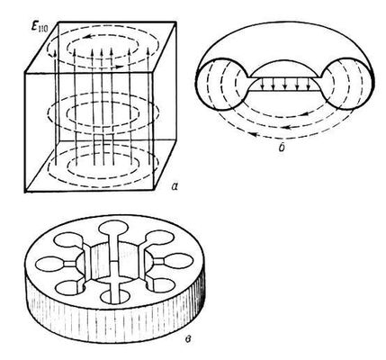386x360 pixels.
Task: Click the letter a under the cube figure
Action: click(x=175, y=186)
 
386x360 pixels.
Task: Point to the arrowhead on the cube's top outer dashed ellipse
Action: click(x=119, y=67)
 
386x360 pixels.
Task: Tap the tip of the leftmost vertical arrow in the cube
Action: click(x=55, y=52)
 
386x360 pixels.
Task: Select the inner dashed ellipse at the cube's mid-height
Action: click(x=103, y=104)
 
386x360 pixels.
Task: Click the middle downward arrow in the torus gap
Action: click(x=285, y=84)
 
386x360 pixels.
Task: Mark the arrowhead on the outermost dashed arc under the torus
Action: click(x=254, y=135)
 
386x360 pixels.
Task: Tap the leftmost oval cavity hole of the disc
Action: click(x=50, y=264)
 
